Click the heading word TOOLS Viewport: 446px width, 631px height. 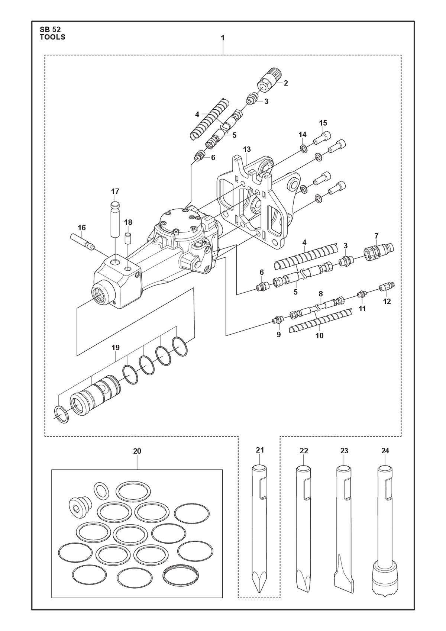click(x=52, y=37)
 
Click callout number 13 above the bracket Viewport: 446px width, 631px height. click(x=247, y=149)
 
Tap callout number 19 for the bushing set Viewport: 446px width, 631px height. click(x=116, y=347)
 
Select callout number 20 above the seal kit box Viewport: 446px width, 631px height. click(x=137, y=451)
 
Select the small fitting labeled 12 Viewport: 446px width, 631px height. click(x=387, y=287)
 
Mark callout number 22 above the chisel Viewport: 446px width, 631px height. click(x=304, y=451)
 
